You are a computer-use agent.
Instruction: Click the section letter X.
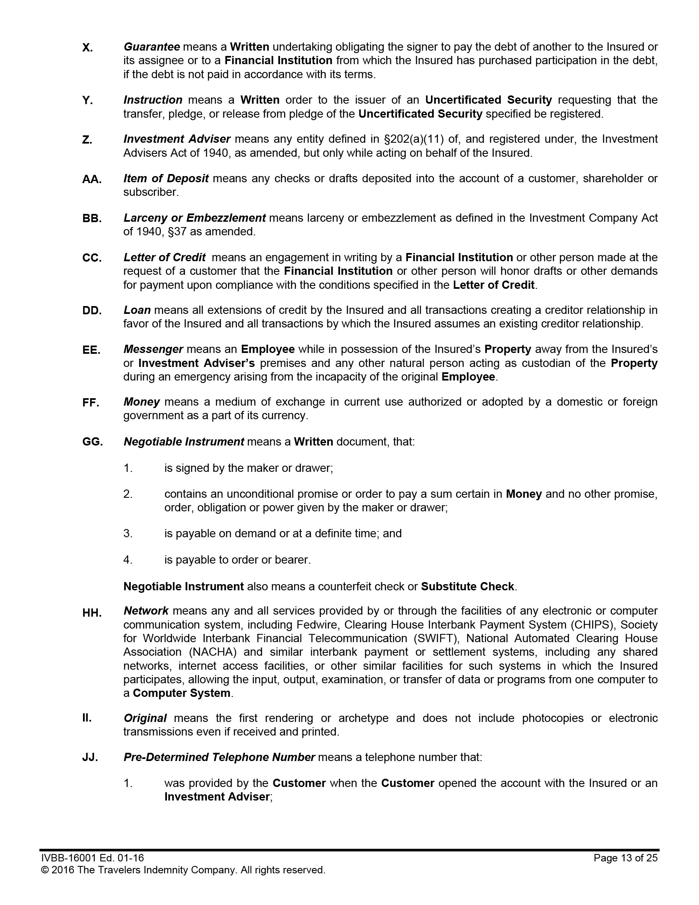(87, 48)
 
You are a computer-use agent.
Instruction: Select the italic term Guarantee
(152, 47)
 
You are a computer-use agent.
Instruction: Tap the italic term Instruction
(153, 100)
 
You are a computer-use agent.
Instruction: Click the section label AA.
(92, 179)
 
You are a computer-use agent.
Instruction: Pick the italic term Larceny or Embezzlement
(194, 218)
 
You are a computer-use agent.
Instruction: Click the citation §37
(177, 232)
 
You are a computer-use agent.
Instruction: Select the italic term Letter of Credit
(164, 258)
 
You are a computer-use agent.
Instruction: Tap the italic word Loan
(137, 310)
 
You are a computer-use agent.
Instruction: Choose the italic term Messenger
(153, 349)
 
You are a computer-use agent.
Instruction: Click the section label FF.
(91, 403)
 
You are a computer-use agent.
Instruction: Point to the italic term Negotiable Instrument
(183, 442)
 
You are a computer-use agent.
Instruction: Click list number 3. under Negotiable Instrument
(128, 533)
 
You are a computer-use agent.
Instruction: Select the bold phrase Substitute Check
(468, 587)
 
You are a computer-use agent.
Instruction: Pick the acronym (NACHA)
(213, 652)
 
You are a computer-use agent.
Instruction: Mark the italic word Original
(145, 718)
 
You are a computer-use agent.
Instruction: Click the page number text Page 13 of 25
(625, 858)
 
